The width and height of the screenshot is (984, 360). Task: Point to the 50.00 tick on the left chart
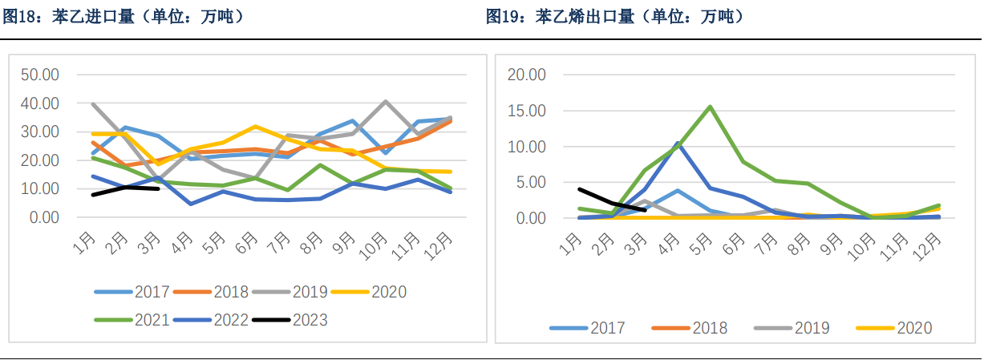click(x=40, y=75)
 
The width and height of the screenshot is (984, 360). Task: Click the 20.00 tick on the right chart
click(x=527, y=75)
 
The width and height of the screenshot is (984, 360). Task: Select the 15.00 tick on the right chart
click(x=527, y=111)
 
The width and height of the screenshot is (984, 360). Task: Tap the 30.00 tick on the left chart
click(x=40, y=131)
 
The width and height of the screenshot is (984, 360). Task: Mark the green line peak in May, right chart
click(x=711, y=107)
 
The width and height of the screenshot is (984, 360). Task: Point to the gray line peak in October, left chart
click(x=386, y=101)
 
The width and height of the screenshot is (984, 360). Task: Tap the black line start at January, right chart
click(x=580, y=189)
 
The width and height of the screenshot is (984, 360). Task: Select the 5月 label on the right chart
click(x=705, y=241)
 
